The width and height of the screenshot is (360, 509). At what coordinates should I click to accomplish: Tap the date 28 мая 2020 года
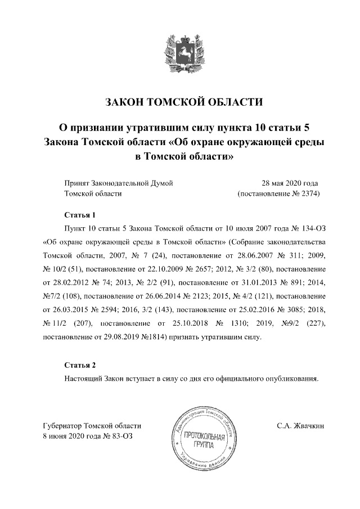tap(290, 183)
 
